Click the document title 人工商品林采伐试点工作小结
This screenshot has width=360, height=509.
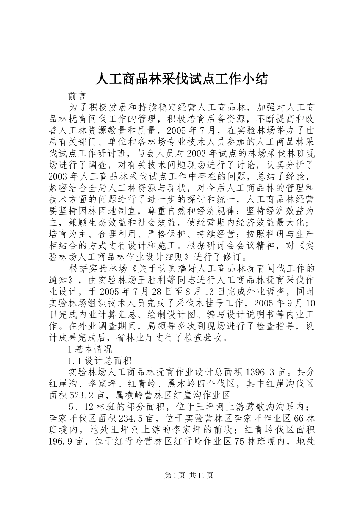click(x=182, y=79)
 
